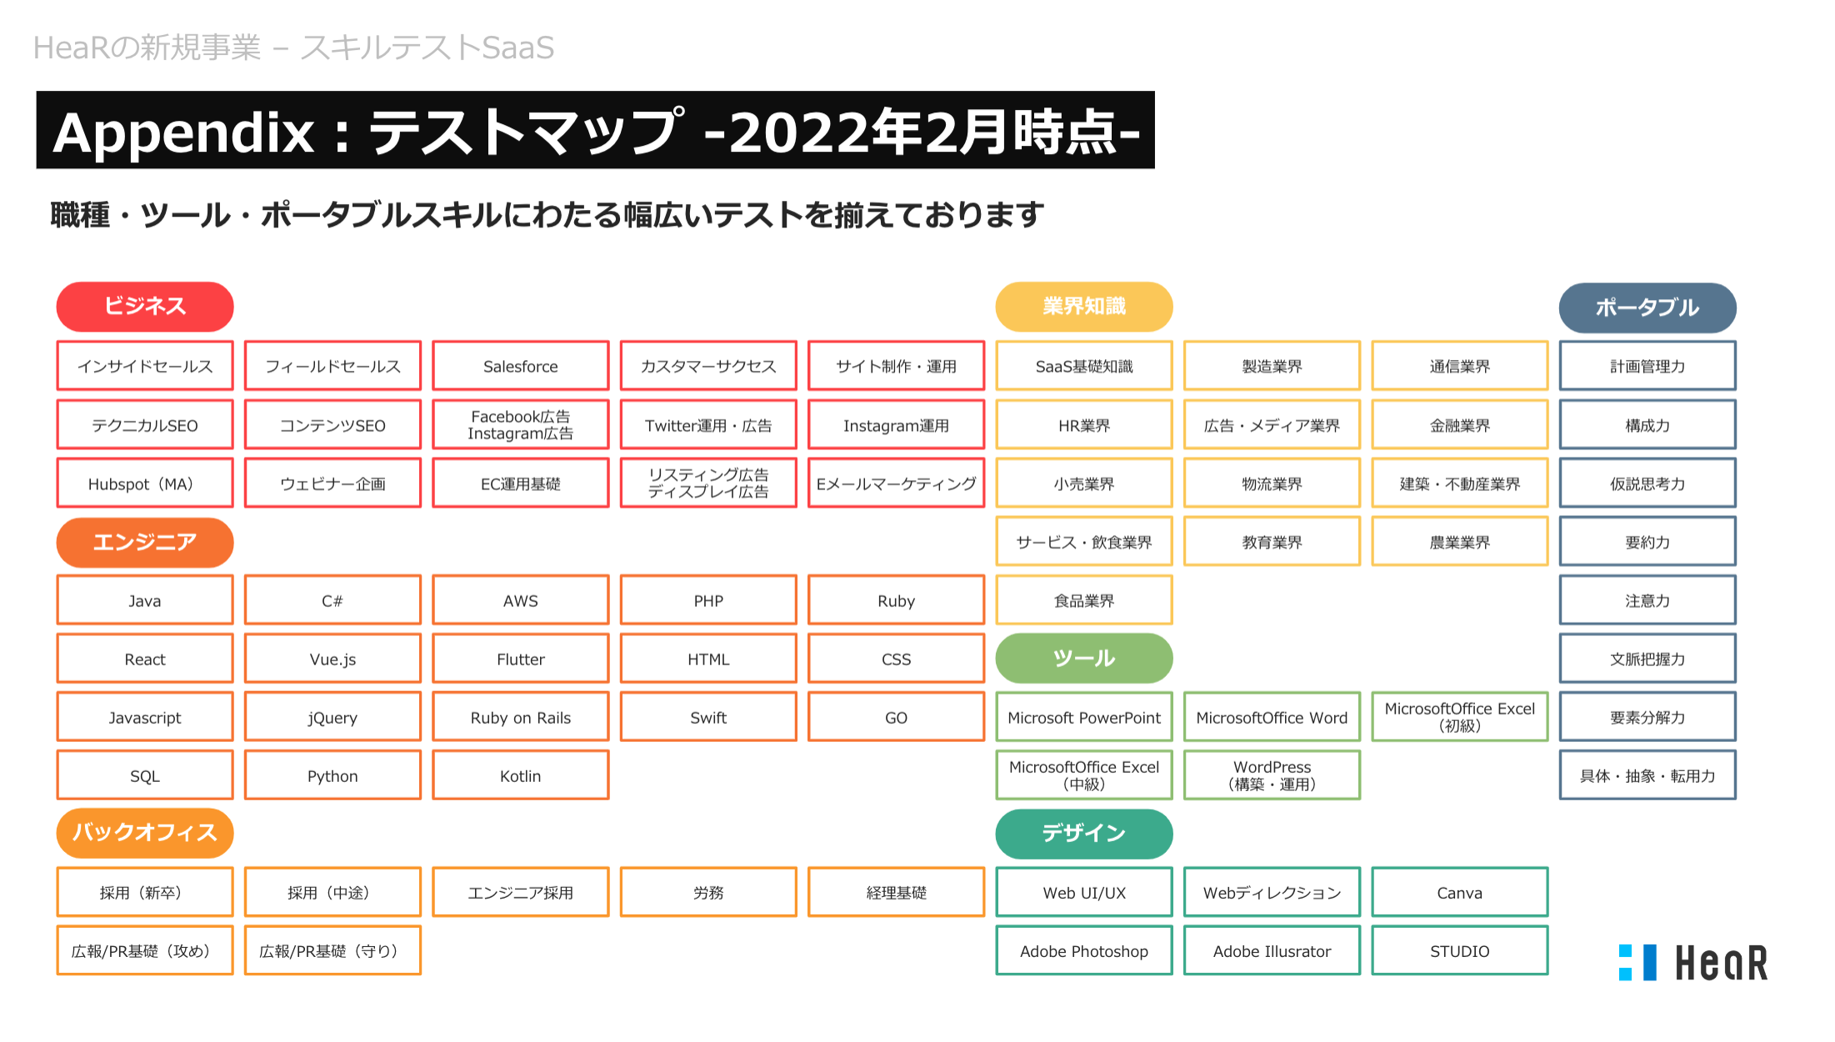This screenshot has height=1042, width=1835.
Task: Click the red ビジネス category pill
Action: coord(145,307)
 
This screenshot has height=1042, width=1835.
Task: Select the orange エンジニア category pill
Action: coord(145,543)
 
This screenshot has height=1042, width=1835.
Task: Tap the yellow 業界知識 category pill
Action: coord(1084,307)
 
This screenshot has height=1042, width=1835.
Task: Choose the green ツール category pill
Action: coord(1084,659)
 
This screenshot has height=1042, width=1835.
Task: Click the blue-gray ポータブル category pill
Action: coord(1647,308)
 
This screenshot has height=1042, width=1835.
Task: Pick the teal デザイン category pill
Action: coord(1084,834)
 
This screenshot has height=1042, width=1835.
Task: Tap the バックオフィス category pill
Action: coord(145,833)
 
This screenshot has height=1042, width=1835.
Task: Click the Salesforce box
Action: coord(521,366)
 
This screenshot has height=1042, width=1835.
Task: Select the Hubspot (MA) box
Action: coord(145,483)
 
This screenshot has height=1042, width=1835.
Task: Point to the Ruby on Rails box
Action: coord(521,717)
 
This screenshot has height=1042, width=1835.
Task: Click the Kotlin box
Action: coord(521,775)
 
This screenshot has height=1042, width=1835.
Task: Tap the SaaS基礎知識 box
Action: coord(1084,366)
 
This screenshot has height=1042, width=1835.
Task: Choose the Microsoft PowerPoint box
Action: coord(1084,717)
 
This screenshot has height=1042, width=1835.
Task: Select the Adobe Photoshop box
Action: coord(1084,950)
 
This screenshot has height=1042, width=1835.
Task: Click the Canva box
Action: coord(1460,892)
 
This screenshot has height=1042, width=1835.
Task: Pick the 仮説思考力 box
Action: coord(1647,483)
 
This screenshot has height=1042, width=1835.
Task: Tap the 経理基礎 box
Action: coord(897,892)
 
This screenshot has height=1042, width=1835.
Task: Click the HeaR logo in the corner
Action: coord(1693,963)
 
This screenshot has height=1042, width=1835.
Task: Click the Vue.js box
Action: coord(332,659)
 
